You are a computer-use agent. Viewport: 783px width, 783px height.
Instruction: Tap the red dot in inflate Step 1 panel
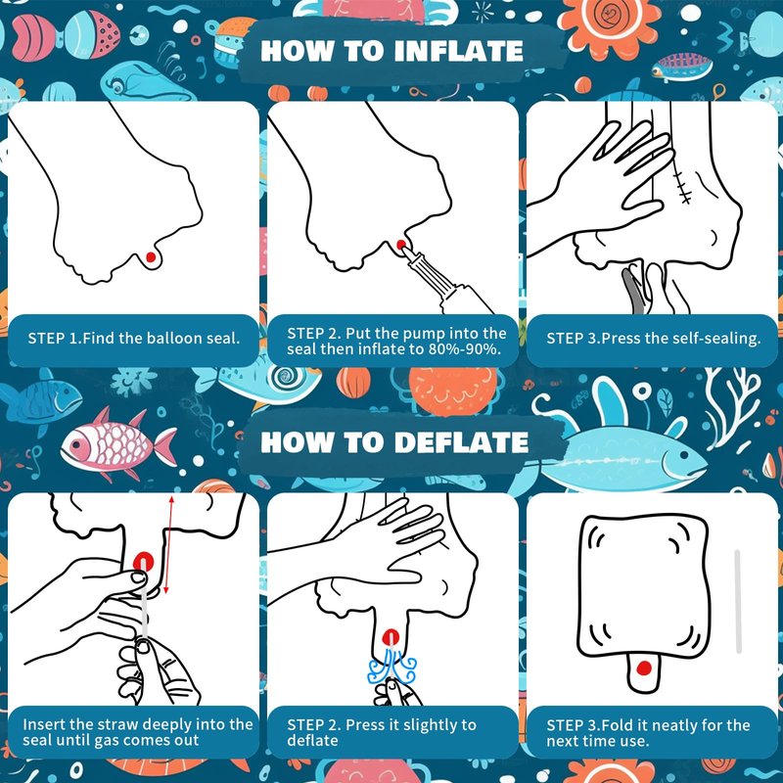(x=151, y=257)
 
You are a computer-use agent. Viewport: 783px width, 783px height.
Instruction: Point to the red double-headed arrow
(x=168, y=545)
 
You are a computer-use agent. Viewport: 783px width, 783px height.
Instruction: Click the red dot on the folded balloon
(x=644, y=668)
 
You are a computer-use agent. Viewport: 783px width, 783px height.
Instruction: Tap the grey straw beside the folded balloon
(x=738, y=601)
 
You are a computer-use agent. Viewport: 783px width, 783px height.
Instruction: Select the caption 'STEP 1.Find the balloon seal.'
(x=134, y=338)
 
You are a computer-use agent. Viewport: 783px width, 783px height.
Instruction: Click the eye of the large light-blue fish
(x=684, y=455)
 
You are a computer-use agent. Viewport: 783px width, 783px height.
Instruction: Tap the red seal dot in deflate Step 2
(x=391, y=638)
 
